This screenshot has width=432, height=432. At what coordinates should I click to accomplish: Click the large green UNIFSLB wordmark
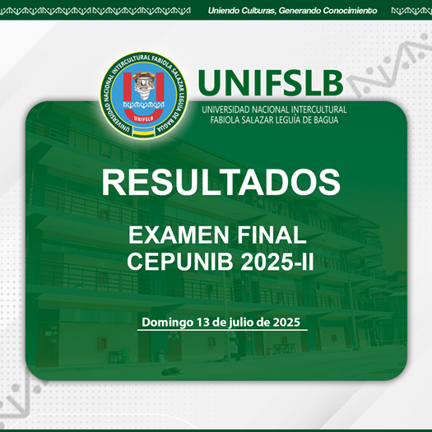tap(271, 82)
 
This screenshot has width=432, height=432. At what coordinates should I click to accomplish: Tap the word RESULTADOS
tap(221, 183)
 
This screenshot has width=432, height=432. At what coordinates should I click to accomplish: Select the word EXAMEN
tap(179, 235)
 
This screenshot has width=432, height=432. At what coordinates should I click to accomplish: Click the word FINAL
tap(272, 235)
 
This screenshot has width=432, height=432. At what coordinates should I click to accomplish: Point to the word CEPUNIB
tap(180, 262)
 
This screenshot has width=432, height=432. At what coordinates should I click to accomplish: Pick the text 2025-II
tap(277, 262)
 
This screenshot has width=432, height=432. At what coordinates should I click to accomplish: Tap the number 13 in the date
tap(203, 322)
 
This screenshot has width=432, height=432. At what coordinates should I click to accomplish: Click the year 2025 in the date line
tap(286, 322)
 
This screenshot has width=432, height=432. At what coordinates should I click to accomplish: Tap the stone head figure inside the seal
tap(143, 86)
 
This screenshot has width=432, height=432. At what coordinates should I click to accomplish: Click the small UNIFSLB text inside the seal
tap(143, 118)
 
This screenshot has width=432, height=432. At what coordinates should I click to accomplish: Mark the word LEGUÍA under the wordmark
tap(285, 120)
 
